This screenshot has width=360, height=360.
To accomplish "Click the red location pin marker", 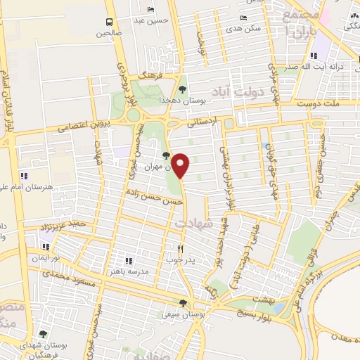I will pos(181,165).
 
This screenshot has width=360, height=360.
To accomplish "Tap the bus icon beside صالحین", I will pos(109,22).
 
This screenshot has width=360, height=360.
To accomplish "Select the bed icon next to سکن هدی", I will pos(243,18).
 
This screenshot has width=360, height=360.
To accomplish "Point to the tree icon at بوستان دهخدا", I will pos(183,89).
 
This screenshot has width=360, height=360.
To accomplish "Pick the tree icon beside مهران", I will pos(166,155).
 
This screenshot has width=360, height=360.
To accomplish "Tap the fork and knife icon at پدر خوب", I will pos(181,248).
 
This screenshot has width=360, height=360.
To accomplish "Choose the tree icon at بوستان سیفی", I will pos(183,304).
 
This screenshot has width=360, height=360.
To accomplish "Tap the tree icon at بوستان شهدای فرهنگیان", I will pos(44,335).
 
